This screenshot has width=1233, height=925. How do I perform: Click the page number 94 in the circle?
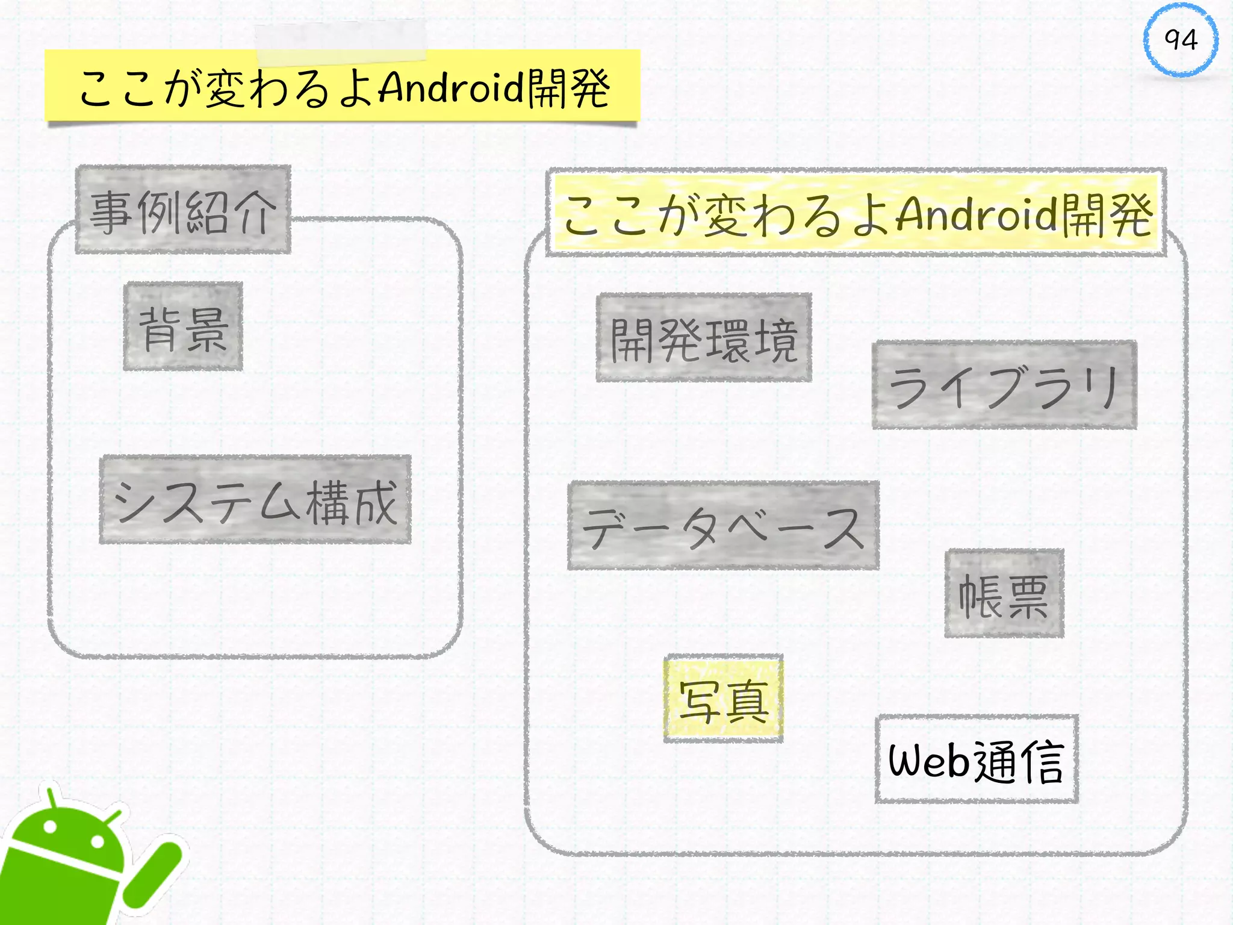[1181, 40]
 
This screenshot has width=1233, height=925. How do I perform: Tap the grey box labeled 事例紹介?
[183, 210]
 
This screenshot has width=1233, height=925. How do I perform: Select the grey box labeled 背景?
[183, 326]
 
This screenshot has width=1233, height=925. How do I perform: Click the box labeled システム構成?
[255, 500]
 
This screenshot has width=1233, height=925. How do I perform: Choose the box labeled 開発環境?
[704, 338]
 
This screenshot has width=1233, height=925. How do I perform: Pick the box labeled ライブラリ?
[1004, 385]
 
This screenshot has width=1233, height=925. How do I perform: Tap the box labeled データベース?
[723, 526]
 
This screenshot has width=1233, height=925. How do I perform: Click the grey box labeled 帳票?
[1004, 594]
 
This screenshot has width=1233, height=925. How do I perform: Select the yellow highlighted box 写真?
[723, 699]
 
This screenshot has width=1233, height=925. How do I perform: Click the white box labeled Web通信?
[977, 759]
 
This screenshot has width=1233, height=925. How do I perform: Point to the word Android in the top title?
[452, 88]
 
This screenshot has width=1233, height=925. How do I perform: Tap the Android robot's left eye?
[51, 826]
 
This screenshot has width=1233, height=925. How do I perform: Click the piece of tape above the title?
[341, 41]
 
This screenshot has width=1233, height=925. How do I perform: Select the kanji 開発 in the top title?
[569, 89]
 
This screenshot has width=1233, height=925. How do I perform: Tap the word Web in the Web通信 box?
[930, 761]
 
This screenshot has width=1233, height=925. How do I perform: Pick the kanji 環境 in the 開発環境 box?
[752, 340]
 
